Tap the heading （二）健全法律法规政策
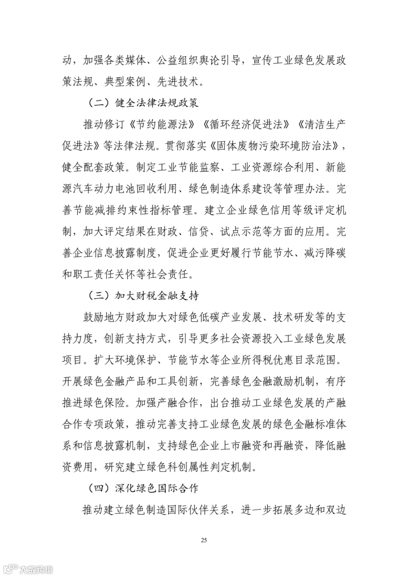pos(143,103)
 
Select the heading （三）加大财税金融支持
pos(143,296)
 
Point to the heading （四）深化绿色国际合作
pos(143,489)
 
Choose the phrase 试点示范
pos(240,231)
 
